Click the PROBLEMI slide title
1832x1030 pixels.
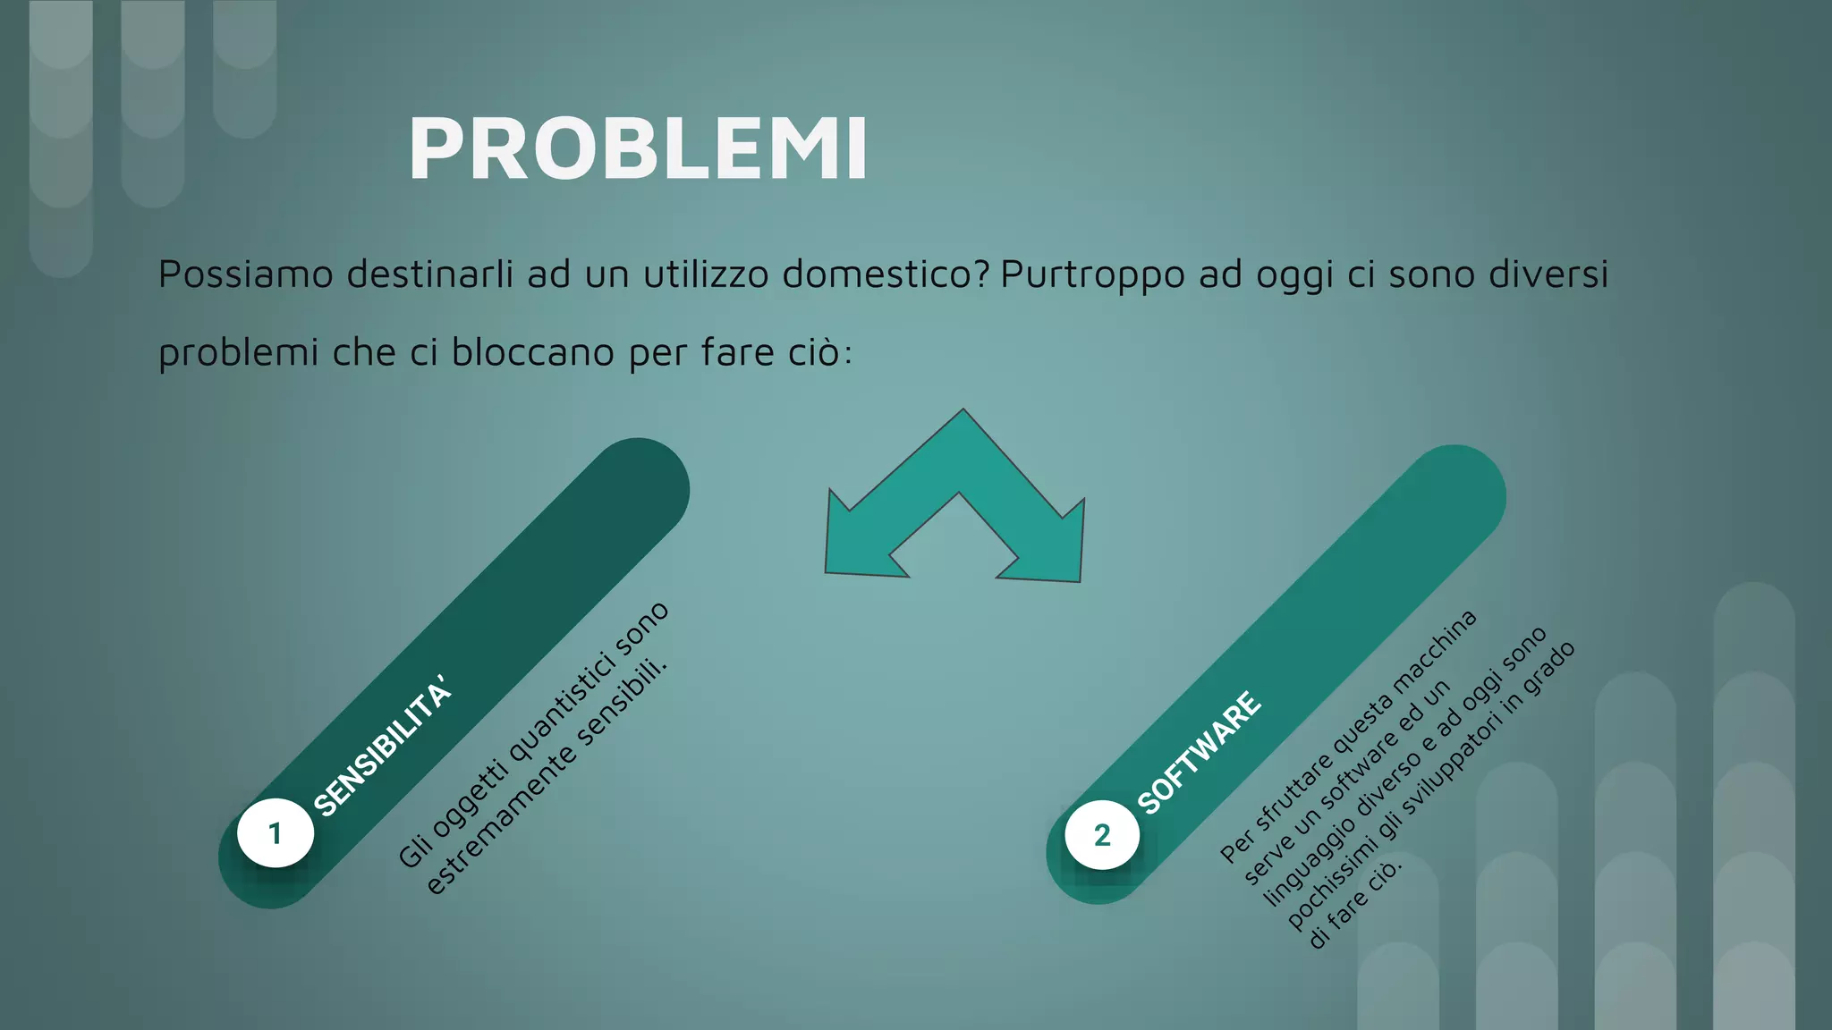pos(638,149)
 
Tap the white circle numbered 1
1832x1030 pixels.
pos(276,832)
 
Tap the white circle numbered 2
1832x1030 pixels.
pos(1102,835)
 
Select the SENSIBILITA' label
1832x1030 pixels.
pos(383,749)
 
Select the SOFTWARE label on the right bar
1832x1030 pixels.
pos(1199,753)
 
